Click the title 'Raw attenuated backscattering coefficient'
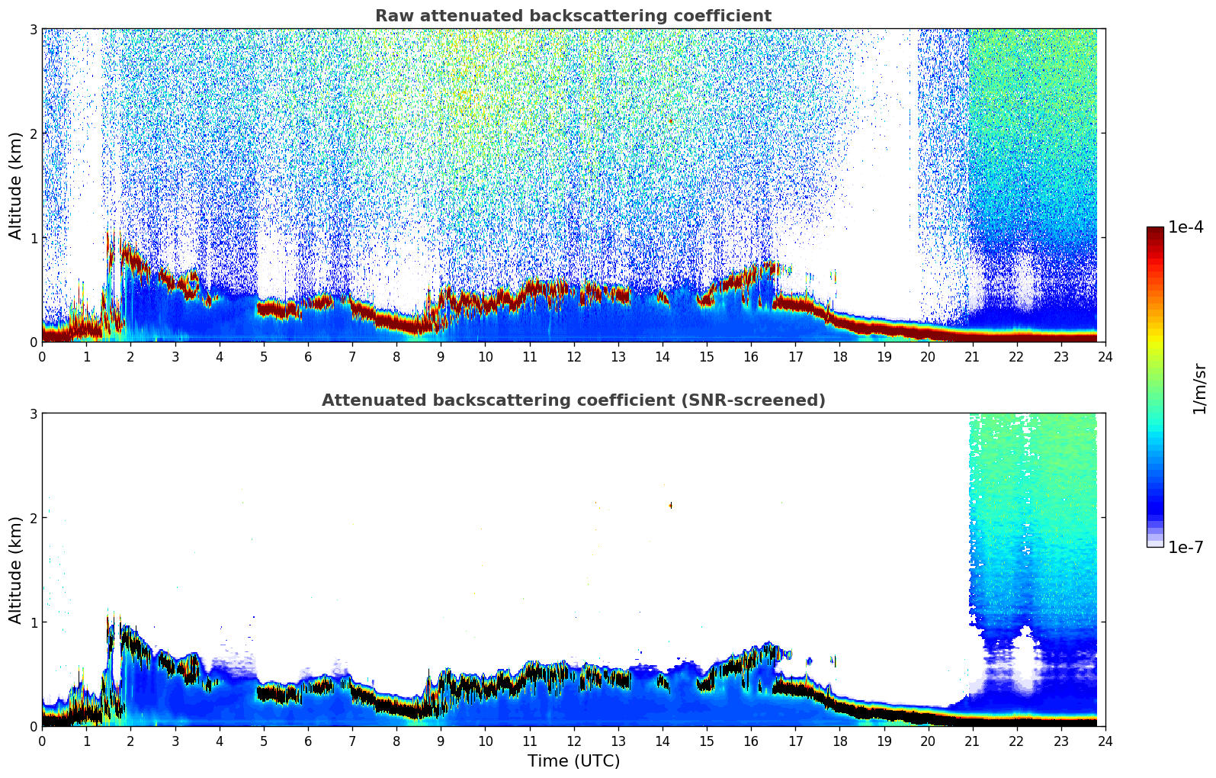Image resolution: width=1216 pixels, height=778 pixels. (573, 16)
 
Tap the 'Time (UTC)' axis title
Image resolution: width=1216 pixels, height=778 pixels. (573, 760)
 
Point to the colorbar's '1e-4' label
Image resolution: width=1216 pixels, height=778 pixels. (1186, 227)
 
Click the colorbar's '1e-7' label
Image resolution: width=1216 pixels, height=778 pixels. (1186, 547)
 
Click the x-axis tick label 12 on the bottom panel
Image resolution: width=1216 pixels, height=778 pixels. (574, 741)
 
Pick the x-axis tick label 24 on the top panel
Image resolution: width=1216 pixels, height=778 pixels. (1105, 357)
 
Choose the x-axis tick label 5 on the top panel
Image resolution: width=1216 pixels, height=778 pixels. (264, 357)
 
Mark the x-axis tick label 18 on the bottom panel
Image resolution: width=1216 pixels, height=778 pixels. (840, 741)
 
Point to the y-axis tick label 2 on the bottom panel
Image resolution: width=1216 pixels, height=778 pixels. (33, 518)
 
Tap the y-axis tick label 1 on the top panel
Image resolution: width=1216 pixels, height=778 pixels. (33, 238)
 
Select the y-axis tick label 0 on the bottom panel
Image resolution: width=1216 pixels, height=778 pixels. (33, 726)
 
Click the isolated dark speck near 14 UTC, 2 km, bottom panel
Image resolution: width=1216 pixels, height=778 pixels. (671, 505)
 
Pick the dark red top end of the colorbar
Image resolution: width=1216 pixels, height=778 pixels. (1155, 230)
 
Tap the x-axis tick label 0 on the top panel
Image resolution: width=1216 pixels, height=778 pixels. (43, 357)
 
